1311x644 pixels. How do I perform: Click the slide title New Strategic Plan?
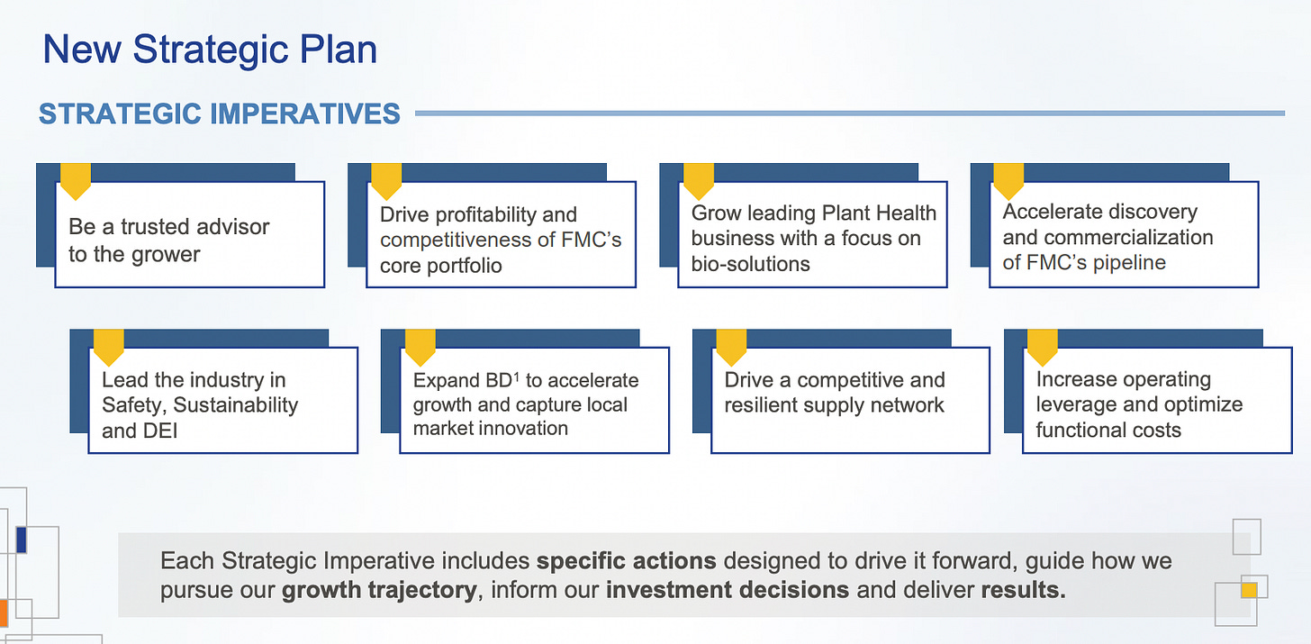(x=210, y=49)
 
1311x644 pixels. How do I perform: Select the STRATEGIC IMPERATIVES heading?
(x=220, y=114)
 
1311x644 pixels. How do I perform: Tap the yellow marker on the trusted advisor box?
(x=75, y=180)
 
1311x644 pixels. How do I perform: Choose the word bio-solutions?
(x=751, y=264)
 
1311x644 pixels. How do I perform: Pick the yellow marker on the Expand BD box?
(x=420, y=346)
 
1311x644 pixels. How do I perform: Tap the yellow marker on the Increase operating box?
(x=1042, y=346)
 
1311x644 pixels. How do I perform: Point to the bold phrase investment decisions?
(x=727, y=591)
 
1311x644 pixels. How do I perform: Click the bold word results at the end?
(x=1022, y=591)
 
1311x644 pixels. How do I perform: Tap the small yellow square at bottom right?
(x=1248, y=590)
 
